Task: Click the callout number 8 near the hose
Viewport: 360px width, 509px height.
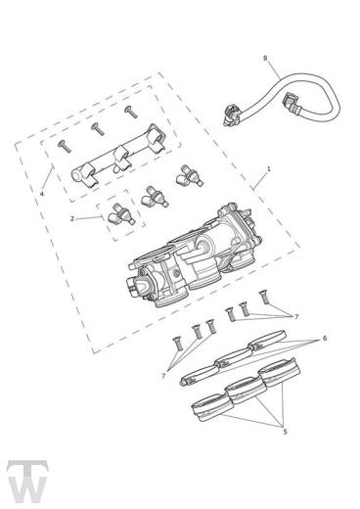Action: [265, 58]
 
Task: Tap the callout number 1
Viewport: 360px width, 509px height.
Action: [269, 169]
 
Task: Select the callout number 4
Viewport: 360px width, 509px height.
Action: [42, 194]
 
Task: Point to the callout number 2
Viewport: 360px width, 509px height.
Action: [72, 218]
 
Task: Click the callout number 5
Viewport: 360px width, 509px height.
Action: [285, 432]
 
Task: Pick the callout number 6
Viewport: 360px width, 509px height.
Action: [325, 339]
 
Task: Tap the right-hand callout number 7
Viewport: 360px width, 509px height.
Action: [296, 316]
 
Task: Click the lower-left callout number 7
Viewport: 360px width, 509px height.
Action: [163, 376]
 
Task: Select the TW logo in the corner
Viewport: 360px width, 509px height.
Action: [27, 482]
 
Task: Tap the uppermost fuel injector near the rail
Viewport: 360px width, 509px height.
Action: [189, 176]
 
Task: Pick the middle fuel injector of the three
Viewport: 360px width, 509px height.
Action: [154, 197]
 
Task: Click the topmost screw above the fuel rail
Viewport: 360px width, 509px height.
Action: [131, 112]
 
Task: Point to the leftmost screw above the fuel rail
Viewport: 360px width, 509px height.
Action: [65, 146]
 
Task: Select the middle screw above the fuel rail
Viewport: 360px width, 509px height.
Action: [98, 129]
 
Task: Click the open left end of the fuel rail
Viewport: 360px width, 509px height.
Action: [77, 175]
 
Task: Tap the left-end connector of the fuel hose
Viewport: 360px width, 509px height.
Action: [233, 115]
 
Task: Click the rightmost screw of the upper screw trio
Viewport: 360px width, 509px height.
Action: [264, 298]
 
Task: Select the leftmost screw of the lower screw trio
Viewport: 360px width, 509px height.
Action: [177, 344]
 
